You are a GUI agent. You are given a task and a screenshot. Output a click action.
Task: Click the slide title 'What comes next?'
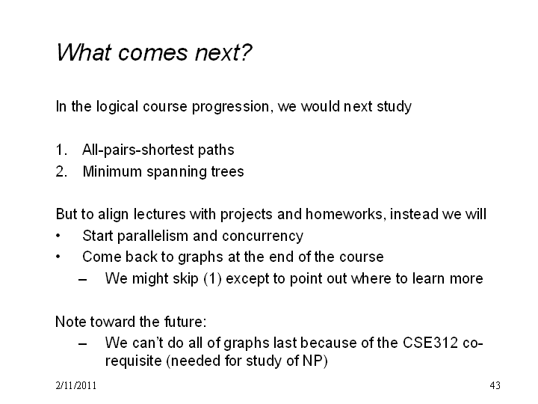154,52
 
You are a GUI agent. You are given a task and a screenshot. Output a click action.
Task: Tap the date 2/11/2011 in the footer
75,385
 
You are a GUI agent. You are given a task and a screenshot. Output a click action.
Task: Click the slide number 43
495,385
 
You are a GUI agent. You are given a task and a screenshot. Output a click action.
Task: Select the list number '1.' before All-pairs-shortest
61,150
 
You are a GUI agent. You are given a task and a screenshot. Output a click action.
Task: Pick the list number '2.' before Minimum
61,171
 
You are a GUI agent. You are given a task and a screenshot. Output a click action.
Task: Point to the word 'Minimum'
112,171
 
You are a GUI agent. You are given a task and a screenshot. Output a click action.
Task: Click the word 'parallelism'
152,236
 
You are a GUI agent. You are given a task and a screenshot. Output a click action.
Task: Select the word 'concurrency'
262,236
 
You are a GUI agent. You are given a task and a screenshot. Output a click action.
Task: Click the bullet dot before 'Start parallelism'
58,236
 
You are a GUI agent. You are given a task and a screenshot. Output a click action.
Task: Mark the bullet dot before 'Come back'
58,257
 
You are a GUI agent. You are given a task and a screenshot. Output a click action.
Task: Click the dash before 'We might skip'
82,279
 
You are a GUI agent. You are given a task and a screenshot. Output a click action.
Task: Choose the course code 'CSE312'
430,343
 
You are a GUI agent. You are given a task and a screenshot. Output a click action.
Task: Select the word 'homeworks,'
345,214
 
